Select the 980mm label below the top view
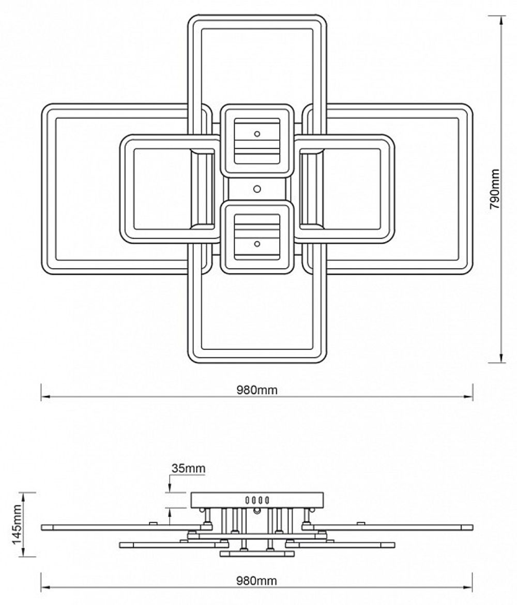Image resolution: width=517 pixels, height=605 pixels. point(257,390)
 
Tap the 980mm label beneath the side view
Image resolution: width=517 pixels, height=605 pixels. point(257,581)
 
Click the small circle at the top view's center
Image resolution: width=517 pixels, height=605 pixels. point(257,189)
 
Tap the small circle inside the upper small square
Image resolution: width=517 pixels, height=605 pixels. point(257,134)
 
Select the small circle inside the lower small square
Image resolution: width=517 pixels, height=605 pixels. point(257,243)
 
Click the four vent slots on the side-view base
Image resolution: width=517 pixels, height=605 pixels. point(257,500)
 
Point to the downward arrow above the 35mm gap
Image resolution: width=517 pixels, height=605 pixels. point(170,488)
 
